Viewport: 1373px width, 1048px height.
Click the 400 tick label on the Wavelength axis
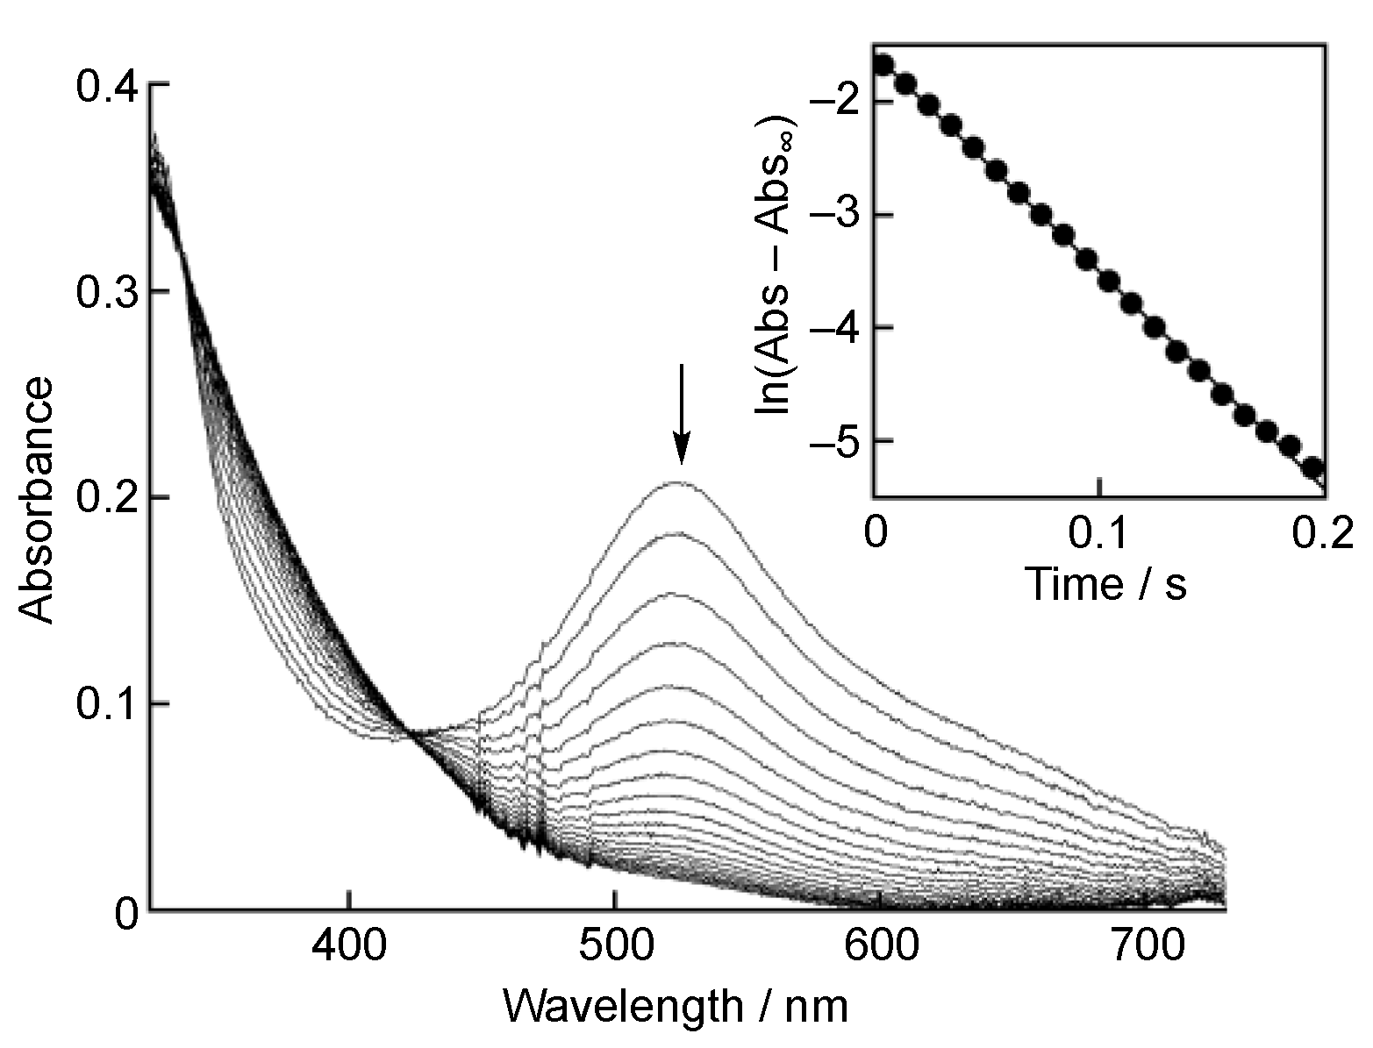pyautogui.click(x=349, y=949)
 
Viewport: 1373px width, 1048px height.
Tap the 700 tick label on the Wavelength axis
pyautogui.click(x=1146, y=949)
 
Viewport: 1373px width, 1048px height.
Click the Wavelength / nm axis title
pyautogui.click(x=676, y=1006)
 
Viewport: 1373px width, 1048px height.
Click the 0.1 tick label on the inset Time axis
pyautogui.click(x=1099, y=533)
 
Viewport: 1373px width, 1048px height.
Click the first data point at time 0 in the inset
pyautogui.click(x=883, y=65)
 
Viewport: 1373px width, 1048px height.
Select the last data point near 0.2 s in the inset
pyautogui.click(x=1313, y=468)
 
